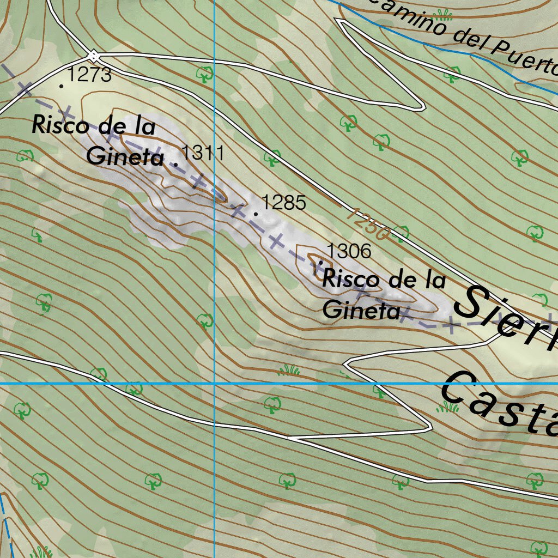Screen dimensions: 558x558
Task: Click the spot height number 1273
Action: [90, 75]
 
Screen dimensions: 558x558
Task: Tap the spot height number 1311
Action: [202, 152]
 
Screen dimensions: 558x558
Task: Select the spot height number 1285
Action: [284, 203]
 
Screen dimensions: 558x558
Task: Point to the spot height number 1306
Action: [349, 251]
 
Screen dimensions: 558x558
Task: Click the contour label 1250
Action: [368, 223]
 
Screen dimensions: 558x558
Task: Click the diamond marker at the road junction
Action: [94, 56]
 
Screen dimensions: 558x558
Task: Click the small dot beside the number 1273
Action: [62, 86]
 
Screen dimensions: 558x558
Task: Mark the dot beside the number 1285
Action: [256, 214]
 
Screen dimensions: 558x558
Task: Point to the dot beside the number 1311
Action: [175, 163]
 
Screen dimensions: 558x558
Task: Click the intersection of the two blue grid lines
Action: [215, 384]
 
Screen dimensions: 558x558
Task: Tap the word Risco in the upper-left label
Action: [60, 125]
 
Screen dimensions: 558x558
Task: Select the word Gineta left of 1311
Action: [125, 157]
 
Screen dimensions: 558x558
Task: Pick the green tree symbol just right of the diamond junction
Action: [205, 73]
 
